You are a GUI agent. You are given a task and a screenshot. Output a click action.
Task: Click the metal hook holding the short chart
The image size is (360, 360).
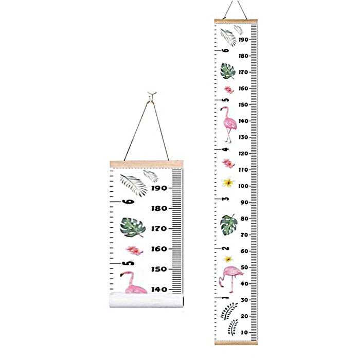[x=150, y=95]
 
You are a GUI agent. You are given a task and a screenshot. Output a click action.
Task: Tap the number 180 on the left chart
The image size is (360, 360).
[x=159, y=208]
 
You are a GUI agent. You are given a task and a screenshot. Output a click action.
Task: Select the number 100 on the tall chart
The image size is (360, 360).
[x=244, y=186]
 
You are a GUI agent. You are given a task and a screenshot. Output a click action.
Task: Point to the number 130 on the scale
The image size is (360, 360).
[x=243, y=137]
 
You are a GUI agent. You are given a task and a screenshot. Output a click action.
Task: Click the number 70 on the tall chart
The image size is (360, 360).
[x=244, y=235]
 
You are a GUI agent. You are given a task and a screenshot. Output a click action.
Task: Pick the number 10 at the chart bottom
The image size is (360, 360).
[x=244, y=333]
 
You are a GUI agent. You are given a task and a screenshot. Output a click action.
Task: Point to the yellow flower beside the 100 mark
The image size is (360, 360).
[x=227, y=182]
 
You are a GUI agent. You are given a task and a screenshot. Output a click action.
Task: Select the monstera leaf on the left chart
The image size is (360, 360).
[x=132, y=227]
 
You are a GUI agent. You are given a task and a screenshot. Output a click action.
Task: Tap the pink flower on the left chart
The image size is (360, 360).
[x=134, y=250]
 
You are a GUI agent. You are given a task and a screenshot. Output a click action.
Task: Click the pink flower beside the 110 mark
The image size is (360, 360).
[x=227, y=164]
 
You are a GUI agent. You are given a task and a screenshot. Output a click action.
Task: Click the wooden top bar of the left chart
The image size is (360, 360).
[x=146, y=164]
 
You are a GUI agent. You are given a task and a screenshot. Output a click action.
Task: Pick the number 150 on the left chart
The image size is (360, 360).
[x=159, y=269]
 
